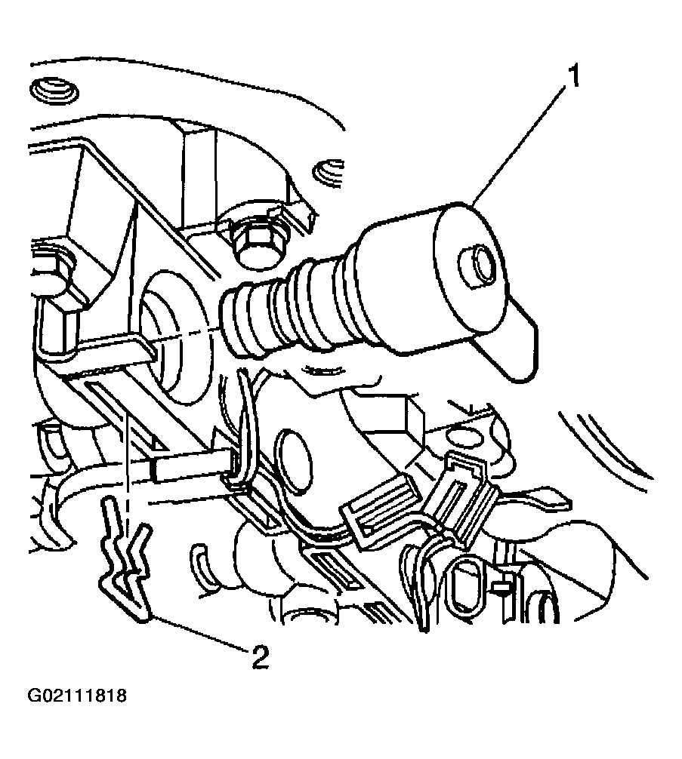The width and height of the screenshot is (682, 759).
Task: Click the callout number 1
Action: pyautogui.click(x=573, y=77)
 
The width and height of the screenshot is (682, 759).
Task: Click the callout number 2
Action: pyautogui.click(x=261, y=657)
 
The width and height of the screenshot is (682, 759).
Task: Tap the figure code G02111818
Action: pyautogui.click(x=77, y=696)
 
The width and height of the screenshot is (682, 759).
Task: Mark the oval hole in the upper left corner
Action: pyautogui.click(x=54, y=90)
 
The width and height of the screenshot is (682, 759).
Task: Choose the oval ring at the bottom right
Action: pyautogui.click(x=466, y=588)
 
